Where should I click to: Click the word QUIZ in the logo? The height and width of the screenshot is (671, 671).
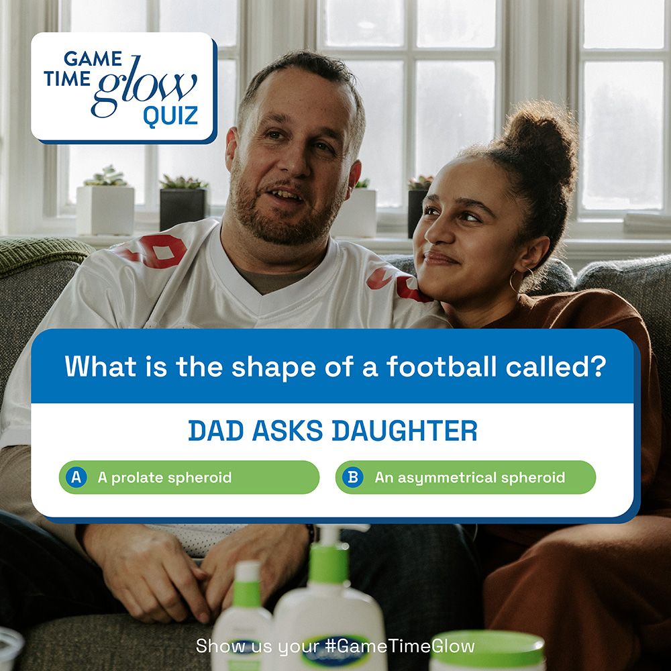point(170,115)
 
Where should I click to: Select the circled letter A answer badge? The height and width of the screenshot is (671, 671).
point(76,477)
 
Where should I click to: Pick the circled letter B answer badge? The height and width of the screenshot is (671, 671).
point(353,477)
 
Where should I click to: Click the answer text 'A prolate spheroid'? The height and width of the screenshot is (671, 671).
point(165,478)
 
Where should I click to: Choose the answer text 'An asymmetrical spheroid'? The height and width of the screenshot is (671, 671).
point(470,478)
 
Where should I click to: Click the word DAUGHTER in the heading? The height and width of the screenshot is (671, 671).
point(405,431)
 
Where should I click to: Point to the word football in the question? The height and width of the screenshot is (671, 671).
point(442,366)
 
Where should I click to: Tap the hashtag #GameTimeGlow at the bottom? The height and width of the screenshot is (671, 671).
point(400,646)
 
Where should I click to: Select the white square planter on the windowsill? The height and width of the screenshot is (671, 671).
point(105,209)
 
